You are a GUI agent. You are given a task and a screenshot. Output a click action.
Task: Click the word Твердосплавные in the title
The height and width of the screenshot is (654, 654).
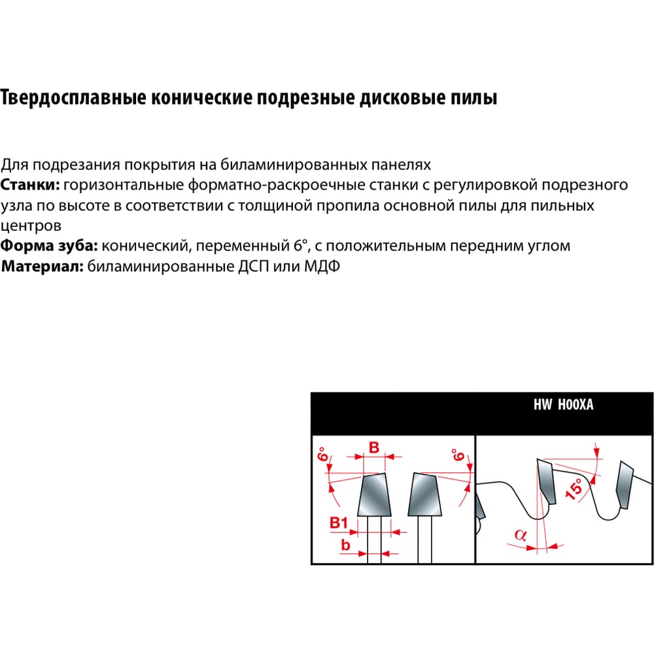[73, 98]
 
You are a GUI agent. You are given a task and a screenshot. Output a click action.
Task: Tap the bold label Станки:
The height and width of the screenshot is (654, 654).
[31, 185]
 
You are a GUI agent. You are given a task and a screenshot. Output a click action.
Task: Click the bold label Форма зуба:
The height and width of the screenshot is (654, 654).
[49, 246]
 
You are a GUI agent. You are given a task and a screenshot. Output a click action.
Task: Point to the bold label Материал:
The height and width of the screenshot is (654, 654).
[43, 266]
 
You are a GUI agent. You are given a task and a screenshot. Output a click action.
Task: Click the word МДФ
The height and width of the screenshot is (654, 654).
[322, 266]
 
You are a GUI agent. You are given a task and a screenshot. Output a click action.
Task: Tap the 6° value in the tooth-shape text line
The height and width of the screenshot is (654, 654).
[300, 245]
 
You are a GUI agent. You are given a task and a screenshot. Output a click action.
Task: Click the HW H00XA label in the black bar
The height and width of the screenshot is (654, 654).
[564, 405]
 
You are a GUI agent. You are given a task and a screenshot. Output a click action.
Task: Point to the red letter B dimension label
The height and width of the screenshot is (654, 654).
[374, 447]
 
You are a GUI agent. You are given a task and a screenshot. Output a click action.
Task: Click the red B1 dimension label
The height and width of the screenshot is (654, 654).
[339, 523]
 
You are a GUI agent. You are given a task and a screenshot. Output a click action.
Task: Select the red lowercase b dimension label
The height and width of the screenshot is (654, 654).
[345, 545]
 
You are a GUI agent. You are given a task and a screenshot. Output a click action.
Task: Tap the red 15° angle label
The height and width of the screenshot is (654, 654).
[574, 489]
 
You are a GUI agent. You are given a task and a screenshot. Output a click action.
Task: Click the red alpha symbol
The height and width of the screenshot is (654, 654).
[520, 535]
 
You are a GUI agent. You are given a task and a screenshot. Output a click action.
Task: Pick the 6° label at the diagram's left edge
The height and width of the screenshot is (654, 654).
[322, 455]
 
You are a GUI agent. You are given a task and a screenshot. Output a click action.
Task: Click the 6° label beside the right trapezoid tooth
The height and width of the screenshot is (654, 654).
[458, 455]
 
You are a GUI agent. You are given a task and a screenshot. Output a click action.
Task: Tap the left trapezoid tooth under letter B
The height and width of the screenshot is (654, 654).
[374, 495]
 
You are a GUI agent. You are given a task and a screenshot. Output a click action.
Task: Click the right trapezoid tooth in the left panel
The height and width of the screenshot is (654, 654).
[425, 494]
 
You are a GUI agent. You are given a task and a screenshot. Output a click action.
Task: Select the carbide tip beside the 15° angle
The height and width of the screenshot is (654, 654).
[546, 481]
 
